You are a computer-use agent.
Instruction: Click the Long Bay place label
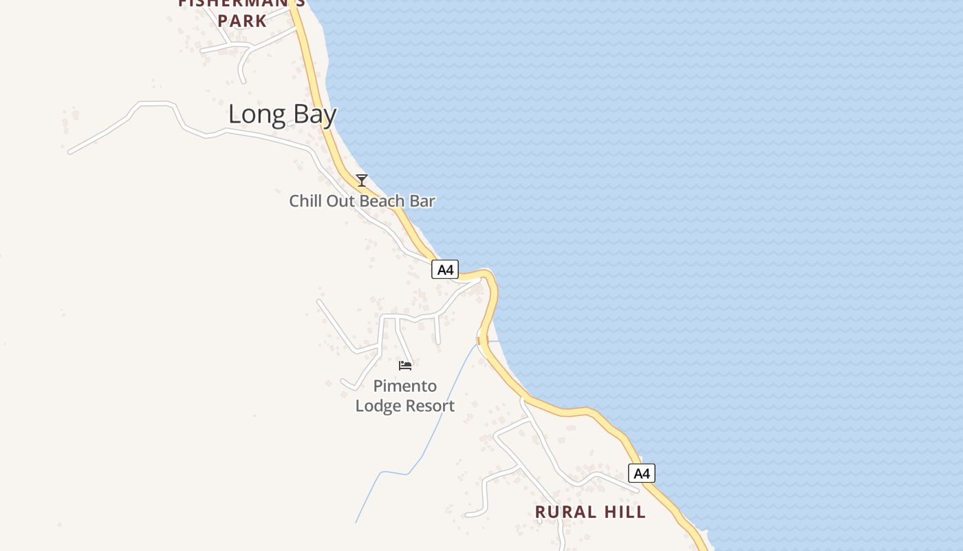click(x=282, y=114)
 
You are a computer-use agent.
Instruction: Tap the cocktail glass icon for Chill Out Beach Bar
click(x=362, y=180)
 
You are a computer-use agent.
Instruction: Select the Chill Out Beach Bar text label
click(x=362, y=201)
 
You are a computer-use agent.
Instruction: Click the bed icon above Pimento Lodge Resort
click(x=405, y=366)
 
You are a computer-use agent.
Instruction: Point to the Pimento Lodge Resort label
click(x=404, y=396)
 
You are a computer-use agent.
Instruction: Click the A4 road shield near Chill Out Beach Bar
click(x=445, y=270)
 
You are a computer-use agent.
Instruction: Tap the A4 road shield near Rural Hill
click(x=641, y=473)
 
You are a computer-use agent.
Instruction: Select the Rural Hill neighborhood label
click(x=590, y=512)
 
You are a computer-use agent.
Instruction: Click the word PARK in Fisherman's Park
click(x=242, y=21)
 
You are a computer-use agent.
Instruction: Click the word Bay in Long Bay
click(x=312, y=115)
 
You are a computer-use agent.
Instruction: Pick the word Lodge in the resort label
click(x=378, y=406)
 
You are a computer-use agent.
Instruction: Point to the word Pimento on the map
click(x=404, y=386)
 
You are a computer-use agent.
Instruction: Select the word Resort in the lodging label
click(x=430, y=406)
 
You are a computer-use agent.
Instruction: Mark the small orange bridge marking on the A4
click(x=479, y=340)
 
